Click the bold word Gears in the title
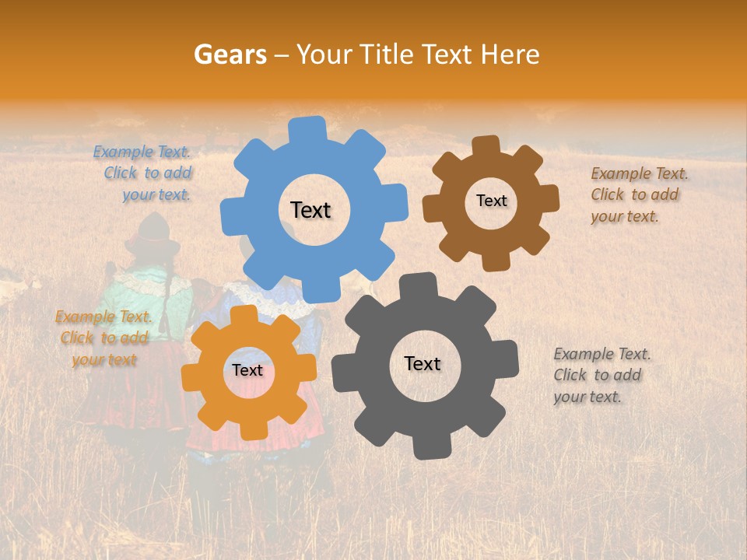(230, 54)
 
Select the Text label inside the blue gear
(310, 210)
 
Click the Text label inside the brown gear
(491, 201)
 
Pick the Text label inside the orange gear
(247, 371)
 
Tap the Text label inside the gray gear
(423, 364)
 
